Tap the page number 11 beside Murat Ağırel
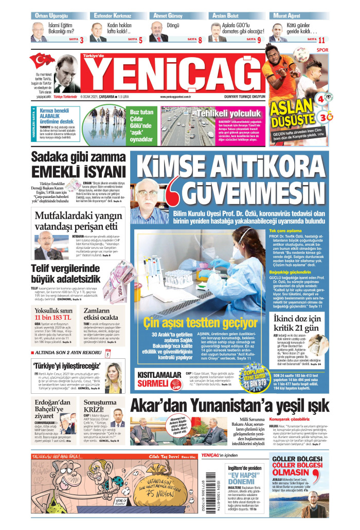pyautogui.click(x=321, y=40)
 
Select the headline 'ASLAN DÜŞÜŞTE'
pyautogui.click(x=293, y=116)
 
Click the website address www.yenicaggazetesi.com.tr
pyautogui.click(x=175, y=96)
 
